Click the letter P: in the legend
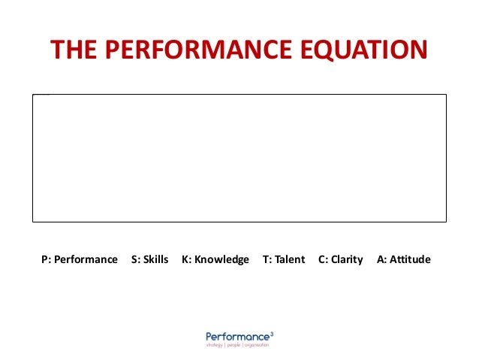click(x=46, y=259)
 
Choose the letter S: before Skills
click(x=136, y=259)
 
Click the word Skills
click(x=156, y=259)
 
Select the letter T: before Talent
click(x=267, y=259)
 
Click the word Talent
click(x=290, y=259)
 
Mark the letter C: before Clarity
click(x=324, y=259)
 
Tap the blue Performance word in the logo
click(x=237, y=337)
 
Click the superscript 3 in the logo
click(x=272, y=334)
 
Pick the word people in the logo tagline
click(x=235, y=345)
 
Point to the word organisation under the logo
click(x=258, y=345)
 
